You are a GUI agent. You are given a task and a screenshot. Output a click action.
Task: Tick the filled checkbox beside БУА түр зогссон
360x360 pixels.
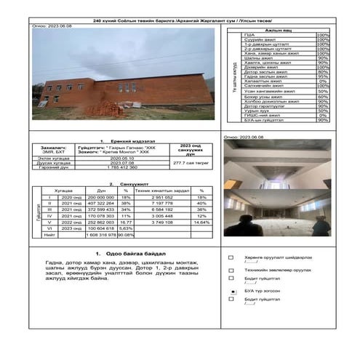(231, 289)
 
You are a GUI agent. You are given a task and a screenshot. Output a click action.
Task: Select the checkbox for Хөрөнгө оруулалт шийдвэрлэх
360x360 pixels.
(231, 257)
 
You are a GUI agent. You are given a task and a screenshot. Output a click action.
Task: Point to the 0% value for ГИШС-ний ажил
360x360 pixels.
(322, 115)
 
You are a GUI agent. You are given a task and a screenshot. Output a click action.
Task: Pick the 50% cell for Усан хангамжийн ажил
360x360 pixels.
(322, 91)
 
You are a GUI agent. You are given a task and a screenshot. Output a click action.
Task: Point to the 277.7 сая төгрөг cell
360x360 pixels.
(189, 164)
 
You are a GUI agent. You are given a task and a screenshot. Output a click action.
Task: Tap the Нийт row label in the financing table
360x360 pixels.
(49, 235)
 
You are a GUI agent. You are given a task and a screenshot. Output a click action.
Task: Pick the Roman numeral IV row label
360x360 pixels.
(49, 215)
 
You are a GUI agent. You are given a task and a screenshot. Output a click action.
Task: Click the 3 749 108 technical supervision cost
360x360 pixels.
(161, 222)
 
